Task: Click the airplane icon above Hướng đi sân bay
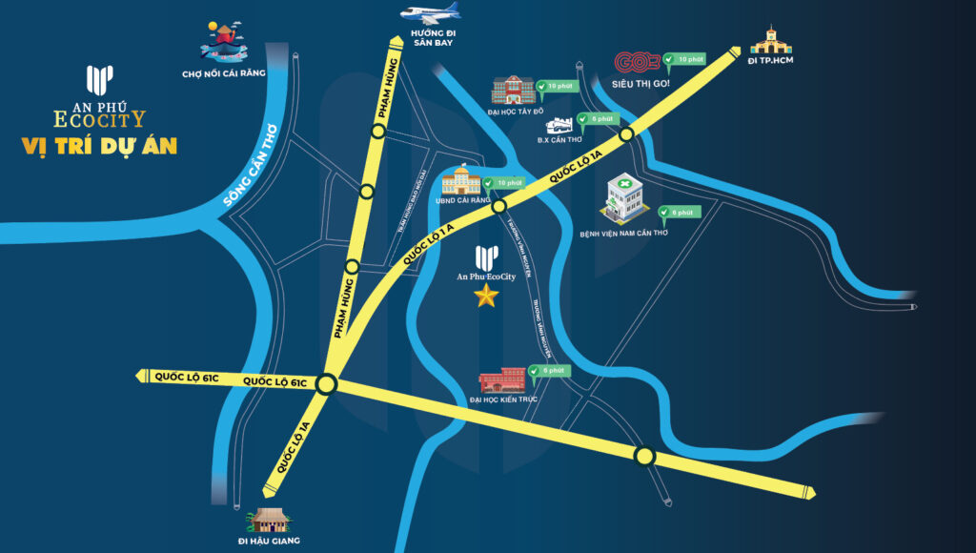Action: [x=430, y=13]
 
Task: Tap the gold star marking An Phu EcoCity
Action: [x=486, y=296]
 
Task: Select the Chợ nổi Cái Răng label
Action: [x=223, y=72]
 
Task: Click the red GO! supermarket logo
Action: [x=638, y=63]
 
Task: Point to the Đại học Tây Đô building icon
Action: [x=513, y=91]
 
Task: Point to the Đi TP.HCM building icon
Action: [x=769, y=42]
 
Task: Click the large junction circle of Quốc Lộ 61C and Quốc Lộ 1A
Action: [x=327, y=385]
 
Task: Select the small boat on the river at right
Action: [x=914, y=307]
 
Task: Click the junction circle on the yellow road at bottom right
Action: [x=645, y=456]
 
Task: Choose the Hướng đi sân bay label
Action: [x=434, y=38]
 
